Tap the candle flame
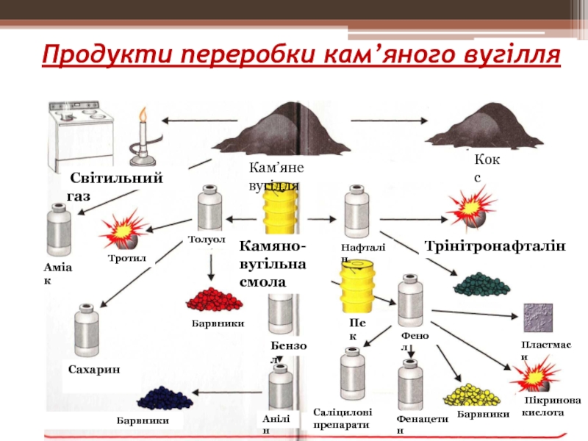pyautogui.click(x=143, y=113)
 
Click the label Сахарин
pyautogui.click(x=93, y=369)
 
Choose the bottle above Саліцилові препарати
pyautogui.click(x=352, y=373)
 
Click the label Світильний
pyautogui.click(x=116, y=179)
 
